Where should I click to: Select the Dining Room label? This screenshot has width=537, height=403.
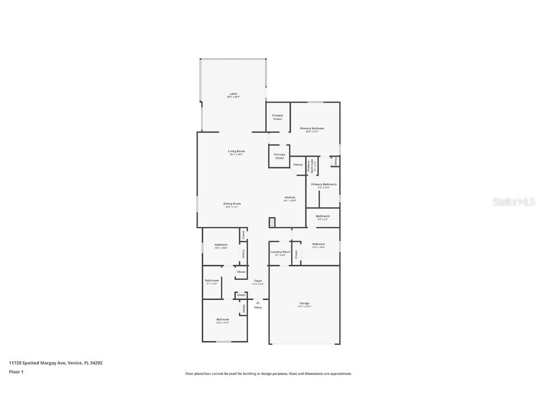tap(232, 204)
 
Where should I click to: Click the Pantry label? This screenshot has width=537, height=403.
tap(298, 165)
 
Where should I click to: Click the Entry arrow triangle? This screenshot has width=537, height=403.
tap(258, 302)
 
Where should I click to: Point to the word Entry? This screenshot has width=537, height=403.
tap(258, 307)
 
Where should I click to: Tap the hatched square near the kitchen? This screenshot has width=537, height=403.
tap(272, 222)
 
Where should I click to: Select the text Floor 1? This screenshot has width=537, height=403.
tap(16, 372)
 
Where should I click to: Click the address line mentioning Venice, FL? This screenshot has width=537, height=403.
tap(55, 362)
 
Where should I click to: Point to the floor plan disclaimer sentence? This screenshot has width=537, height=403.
tap(268, 374)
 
